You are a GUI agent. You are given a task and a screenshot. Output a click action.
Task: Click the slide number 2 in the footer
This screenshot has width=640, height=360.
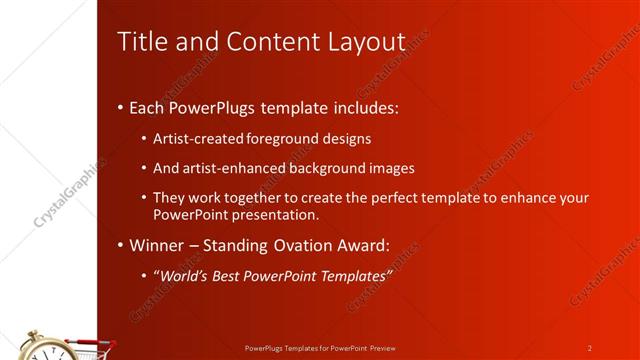pyautogui.click(x=589, y=348)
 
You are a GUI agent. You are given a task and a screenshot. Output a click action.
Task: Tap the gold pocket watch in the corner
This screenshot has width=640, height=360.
pyautogui.click(x=44, y=347)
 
